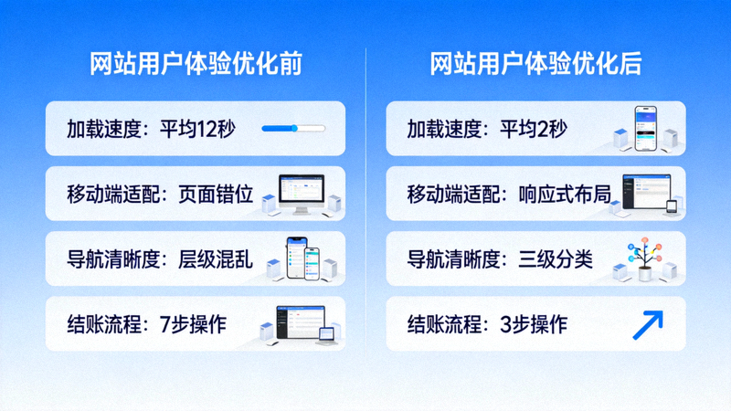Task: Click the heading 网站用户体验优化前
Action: [196, 64]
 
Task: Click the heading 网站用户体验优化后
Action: [535, 64]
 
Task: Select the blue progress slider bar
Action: [292, 129]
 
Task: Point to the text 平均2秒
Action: [533, 129]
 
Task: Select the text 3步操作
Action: [532, 323]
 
